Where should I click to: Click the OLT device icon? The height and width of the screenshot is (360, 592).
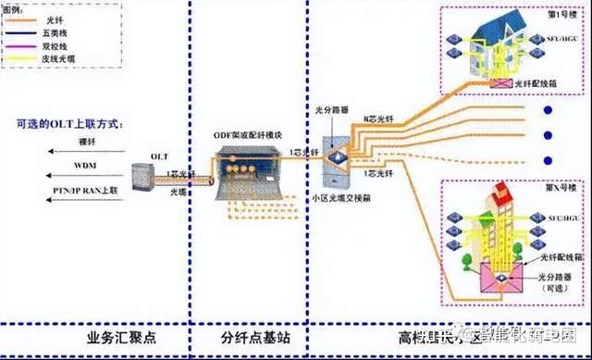coord(142,179)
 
